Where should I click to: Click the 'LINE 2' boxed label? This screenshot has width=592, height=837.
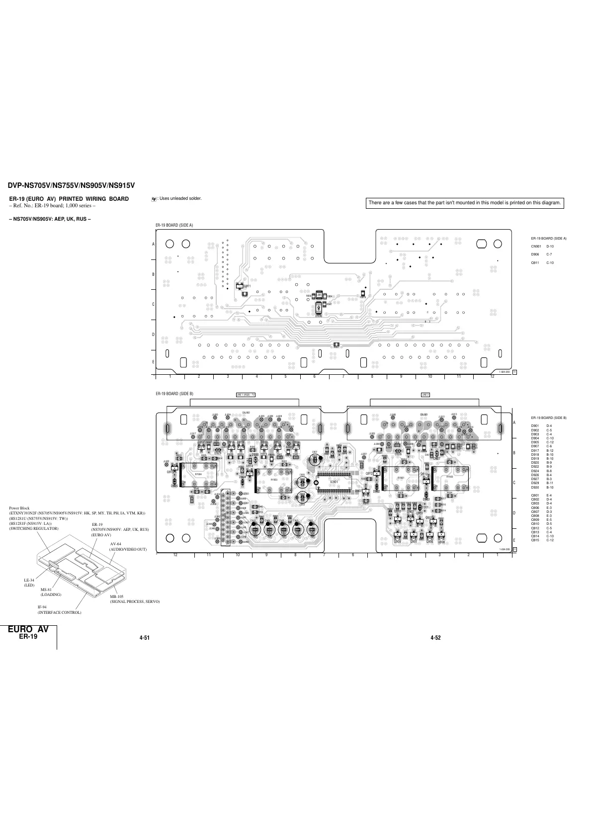coord(425,395)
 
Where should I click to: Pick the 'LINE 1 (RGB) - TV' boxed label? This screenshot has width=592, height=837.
coord(246,395)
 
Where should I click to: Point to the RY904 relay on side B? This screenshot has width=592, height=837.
coord(198,474)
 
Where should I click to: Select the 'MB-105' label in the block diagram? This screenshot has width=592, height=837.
coord(116,596)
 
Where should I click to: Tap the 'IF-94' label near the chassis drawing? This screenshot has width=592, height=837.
coord(42,607)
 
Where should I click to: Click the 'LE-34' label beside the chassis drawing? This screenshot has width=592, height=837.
coord(29,580)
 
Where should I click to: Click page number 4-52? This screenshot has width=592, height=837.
coord(435,638)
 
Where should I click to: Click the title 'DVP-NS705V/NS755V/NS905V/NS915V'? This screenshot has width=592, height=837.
coord(71,186)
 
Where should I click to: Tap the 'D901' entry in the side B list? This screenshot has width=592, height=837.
coord(535,426)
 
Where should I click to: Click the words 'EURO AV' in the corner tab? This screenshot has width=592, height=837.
coord(28,629)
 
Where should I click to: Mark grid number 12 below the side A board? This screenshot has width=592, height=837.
coord(492,376)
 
